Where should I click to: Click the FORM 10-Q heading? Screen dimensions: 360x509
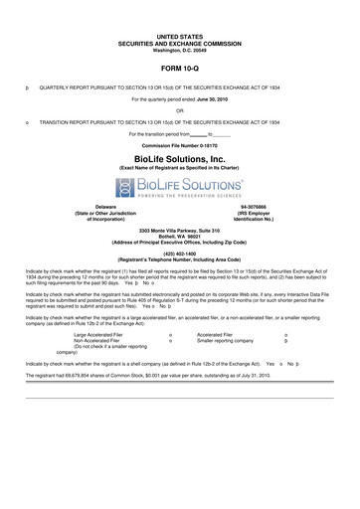pos(180,70)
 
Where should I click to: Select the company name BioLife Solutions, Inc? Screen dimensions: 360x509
pos(180,158)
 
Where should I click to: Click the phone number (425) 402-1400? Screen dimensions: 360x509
pos(180,254)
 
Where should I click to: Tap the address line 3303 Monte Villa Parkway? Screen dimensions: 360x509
pos(180,230)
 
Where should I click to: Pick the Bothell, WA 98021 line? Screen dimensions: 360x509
pos(180,236)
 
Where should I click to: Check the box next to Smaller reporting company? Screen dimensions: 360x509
pos(286,341)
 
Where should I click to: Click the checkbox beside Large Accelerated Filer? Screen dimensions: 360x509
pos(171,335)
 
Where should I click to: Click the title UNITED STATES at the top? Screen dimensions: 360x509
pos(180,35)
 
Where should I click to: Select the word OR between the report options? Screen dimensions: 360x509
pos(180,110)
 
